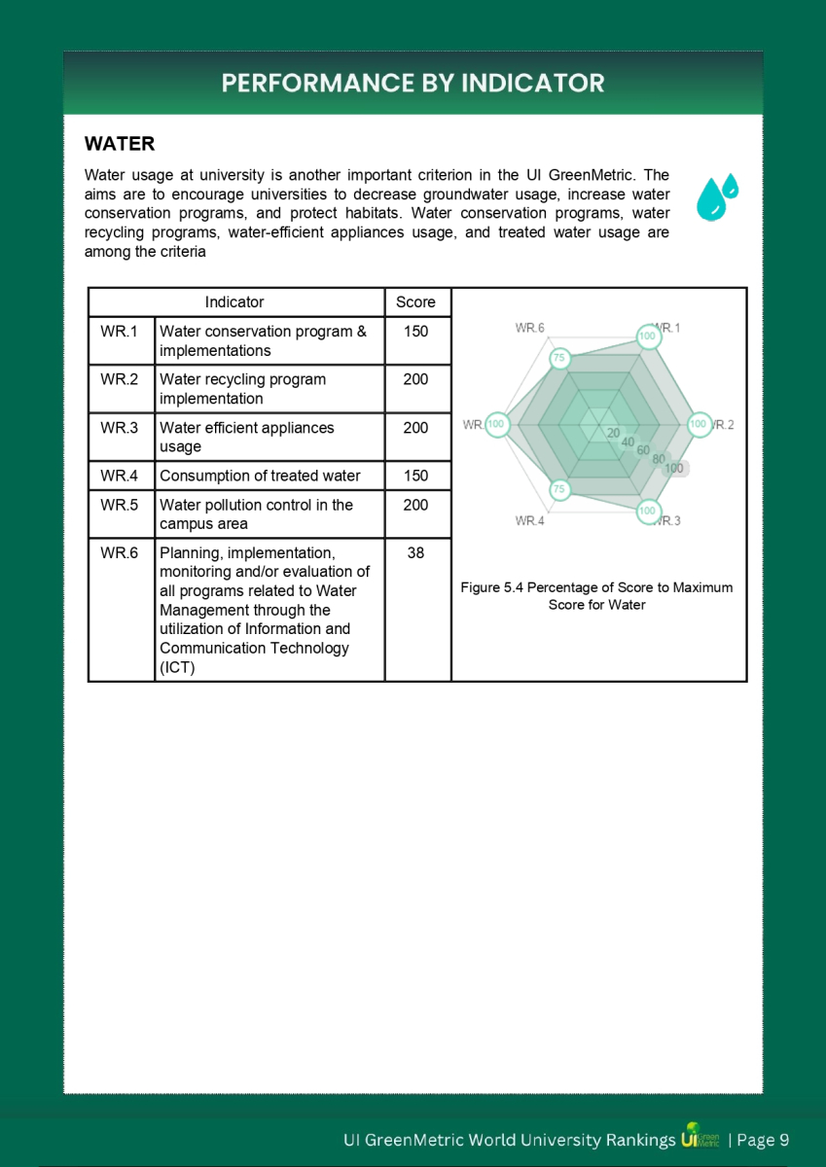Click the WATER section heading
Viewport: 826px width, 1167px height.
tap(120, 144)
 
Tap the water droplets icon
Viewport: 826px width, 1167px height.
tap(717, 197)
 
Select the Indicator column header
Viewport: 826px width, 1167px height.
tap(234, 302)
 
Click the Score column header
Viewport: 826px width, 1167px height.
tap(415, 302)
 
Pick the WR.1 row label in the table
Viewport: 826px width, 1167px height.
tap(120, 332)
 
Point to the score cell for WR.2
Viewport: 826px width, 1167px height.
tap(415, 379)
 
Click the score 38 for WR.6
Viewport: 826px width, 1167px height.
tap(415, 552)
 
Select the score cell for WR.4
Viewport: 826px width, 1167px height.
tap(415, 476)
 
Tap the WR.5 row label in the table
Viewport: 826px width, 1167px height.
tap(120, 505)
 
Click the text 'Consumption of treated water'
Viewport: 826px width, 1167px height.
tap(260, 476)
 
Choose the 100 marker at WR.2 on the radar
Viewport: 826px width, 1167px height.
tap(698, 424)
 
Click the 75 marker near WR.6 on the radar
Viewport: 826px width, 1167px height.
tap(558, 358)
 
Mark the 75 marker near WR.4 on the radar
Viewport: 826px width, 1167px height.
tap(558, 489)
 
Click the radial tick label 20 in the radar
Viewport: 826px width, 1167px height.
tap(612, 433)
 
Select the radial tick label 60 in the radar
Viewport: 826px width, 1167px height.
tap(643, 450)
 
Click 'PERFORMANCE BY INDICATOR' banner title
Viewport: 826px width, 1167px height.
tap(413, 83)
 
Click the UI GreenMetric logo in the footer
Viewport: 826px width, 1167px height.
tap(700, 1139)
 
